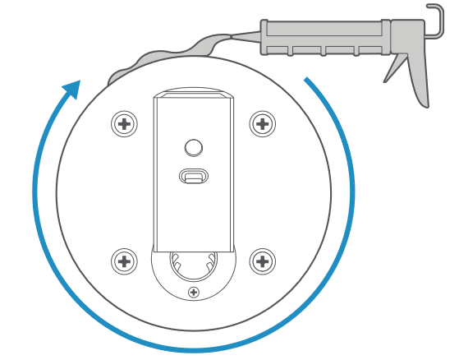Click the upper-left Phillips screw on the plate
pos(124,124)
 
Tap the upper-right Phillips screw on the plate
pos(262,124)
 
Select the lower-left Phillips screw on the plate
pos(124,261)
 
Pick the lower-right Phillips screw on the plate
pos(262,261)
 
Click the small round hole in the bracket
pos(194,147)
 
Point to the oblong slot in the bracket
pos(194,177)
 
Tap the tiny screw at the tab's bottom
pos(194,292)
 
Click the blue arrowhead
pos(72,88)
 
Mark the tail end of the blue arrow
pos(306,80)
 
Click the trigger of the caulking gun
pos(397,69)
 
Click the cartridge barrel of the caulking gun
pos(324,36)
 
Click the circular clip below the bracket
pos(193,265)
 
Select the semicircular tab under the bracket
pos(194,284)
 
